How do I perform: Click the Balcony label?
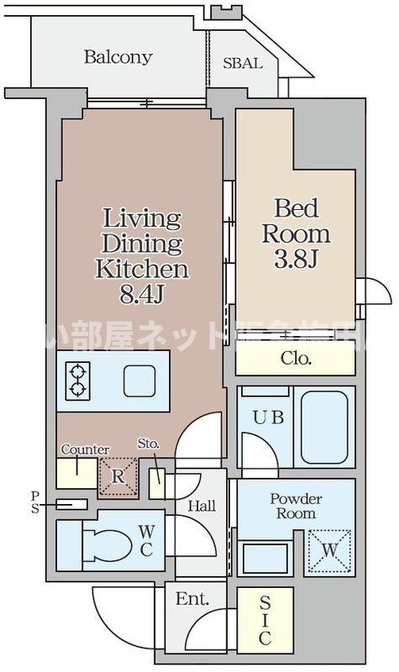point(118,58)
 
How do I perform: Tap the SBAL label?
point(242,64)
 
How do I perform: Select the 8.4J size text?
point(140,295)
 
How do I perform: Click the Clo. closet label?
point(294,359)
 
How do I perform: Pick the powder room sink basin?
point(265,558)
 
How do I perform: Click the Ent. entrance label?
point(192,600)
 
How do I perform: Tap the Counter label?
point(78,449)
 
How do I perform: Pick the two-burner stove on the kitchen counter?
point(77,379)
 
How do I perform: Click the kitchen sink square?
point(139,381)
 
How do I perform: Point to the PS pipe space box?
point(72,504)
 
